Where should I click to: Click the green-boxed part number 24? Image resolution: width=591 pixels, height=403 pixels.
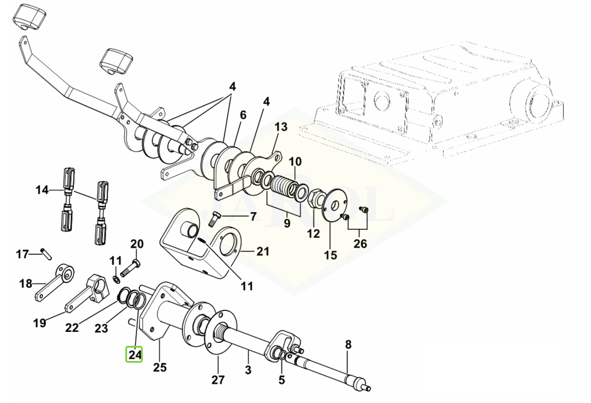pyautogui.click(x=135, y=355)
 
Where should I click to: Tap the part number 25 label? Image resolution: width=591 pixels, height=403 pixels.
pyautogui.click(x=160, y=367)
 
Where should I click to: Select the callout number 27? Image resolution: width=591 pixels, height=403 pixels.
pyautogui.click(x=218, y=379)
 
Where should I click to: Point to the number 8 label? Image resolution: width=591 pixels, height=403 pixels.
pyautogui.click(x=348, y=345)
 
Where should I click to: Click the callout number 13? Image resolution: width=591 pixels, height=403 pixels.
pyautogui.click(x=281, y=127)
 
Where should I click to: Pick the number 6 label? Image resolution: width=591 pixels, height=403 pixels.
pyautogui.click(x=242, y=115)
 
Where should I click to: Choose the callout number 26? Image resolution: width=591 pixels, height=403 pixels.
pyautogui.click(x=360, y=244)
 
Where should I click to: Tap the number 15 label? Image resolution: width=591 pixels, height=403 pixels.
pyautogui.click(x=330, y=255)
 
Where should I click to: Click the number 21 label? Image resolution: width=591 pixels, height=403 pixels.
pyautogui.click(x=263, y=251)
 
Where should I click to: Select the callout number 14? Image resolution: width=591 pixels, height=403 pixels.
pyautogui.click(x=42, y=190)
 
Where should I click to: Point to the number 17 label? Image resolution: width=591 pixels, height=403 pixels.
pyautogui.click(x=22, y=254)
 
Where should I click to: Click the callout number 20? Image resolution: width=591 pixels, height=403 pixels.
pyautogui.click(x=137, y=244)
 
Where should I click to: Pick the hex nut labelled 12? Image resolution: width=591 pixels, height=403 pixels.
pyautogui.click(x=314, y=198)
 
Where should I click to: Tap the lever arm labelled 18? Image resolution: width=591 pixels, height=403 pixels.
pyautogui.click(x=54, y=282)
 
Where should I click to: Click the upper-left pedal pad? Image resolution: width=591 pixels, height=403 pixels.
pyautogui.click(x=30, y=17)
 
